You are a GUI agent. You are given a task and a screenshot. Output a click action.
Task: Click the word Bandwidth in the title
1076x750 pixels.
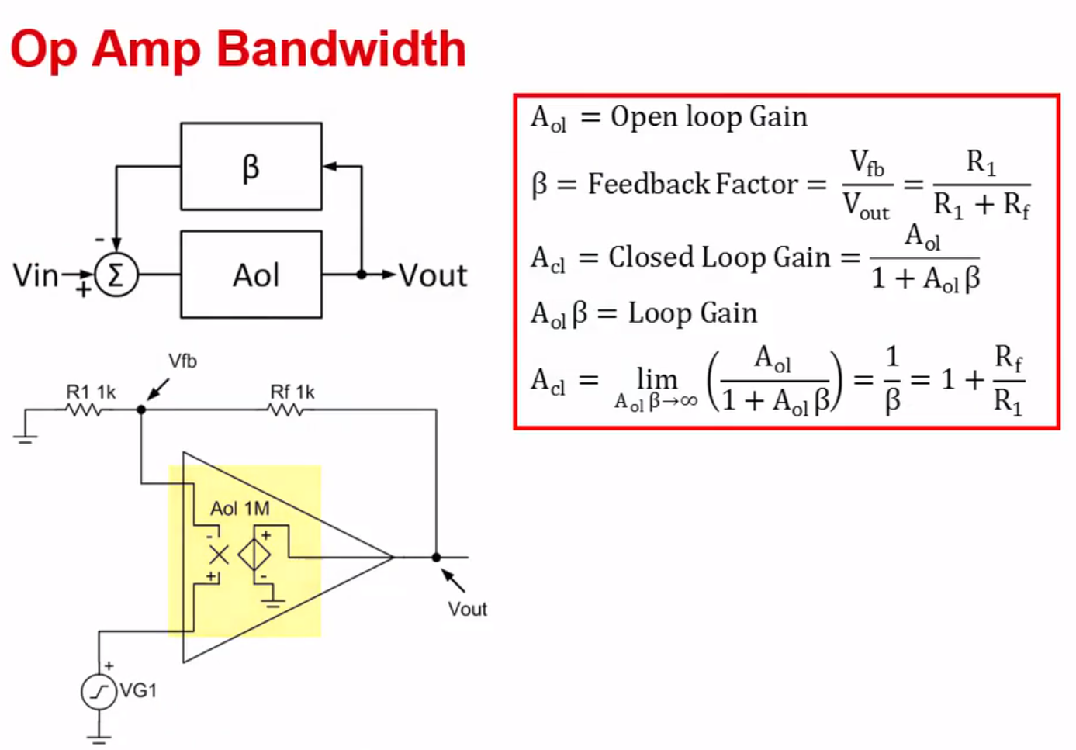(341, 49)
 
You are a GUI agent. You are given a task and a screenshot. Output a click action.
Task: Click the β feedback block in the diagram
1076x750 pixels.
(251, 166)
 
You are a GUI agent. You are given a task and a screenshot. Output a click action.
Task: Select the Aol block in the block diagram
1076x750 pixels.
(251, 275)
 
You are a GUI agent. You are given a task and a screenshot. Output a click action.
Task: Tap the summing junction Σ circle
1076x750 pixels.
(116, 275)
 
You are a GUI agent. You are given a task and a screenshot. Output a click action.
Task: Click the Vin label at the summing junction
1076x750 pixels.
(36, 275)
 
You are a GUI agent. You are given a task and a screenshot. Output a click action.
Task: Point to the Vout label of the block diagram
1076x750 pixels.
(433, 275)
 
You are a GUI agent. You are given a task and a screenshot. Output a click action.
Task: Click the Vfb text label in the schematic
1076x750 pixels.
(182, 361)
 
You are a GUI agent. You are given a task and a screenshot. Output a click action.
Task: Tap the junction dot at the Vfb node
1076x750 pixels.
(141, 409)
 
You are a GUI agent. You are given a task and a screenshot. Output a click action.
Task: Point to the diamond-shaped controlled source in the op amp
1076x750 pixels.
(254, 555)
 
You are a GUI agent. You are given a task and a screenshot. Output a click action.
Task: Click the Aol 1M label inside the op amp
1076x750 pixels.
(240, 509)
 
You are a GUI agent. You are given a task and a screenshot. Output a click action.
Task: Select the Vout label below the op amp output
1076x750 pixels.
(467, 609)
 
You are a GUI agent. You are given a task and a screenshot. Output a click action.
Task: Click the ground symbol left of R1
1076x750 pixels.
(26, 436)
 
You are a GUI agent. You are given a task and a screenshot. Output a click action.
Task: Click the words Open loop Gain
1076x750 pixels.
(708, 116)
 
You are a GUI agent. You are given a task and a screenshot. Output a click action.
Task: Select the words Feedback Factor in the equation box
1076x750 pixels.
(692, 184)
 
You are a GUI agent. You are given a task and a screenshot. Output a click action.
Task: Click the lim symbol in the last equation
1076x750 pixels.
(656, 379)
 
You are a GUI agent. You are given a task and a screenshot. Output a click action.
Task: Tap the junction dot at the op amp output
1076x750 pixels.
(436, 557)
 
